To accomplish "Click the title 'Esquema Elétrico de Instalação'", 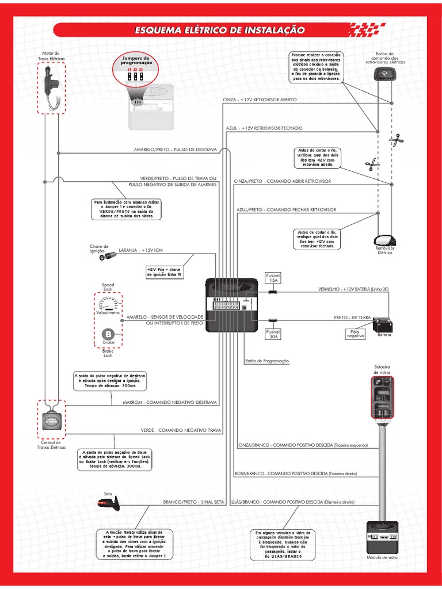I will click(219, 30).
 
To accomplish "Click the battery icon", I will click(383, 326).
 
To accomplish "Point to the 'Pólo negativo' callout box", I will click(355, 334).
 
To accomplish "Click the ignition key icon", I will click(108, 257).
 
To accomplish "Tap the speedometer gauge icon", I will click(108, 303).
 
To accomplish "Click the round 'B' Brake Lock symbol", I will click(108, 334).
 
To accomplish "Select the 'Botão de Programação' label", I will click(266, 361).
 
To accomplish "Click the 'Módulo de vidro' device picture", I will click(382, 538).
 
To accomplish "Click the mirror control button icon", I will click(381, 73).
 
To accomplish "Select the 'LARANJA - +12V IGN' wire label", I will click(141, 250).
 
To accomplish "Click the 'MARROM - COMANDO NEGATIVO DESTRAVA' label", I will click(170, 402).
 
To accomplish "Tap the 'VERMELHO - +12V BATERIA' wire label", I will click(353, 289).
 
